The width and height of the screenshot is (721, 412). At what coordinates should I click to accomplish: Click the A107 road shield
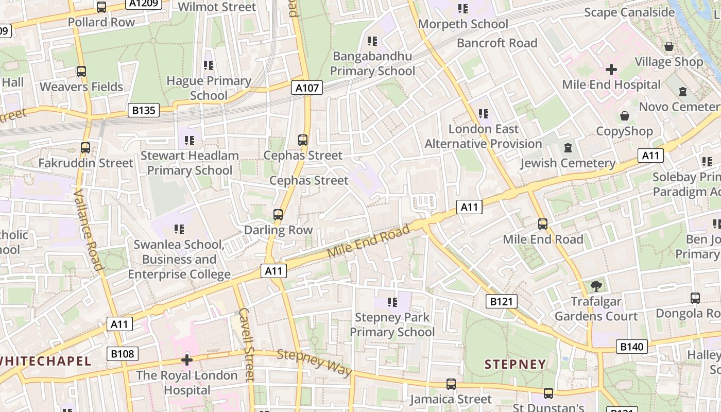pyautogui.click(x=307, y=88)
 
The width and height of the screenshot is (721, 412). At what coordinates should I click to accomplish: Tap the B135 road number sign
pyautogui.click(x=144, y=110)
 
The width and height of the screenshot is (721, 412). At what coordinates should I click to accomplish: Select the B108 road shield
pyautogui.click(x=123, y=354)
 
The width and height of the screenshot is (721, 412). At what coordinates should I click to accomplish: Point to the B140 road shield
pyautogui.click(x=631, y=347)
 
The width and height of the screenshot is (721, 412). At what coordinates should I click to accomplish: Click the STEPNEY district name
pyautogui.click(x=515, y=365)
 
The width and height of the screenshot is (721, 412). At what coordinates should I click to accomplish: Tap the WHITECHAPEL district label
pyautogui.click(x=45, y=361)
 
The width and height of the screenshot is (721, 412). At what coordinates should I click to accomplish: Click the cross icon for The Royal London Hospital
pyautogui.click(x=187, y=359)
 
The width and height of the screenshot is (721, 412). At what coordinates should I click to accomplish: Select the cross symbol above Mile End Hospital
pyautogui.click(x=611, y=69)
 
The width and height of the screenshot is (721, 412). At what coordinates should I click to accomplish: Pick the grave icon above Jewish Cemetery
pyautogui.click(x=568, y=148)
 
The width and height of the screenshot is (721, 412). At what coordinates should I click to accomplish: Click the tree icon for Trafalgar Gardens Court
pyautogui.click(x=596, y=286)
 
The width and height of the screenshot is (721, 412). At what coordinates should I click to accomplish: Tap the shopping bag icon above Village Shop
pyautogui.click(x=668, y=46)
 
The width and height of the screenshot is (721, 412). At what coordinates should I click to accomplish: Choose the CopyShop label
pyautogui.click(x=624, y=131)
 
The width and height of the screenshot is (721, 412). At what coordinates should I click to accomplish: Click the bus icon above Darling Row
pyautogui.click(x=278, y=214)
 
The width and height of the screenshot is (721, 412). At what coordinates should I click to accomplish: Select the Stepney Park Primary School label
pyautogui.click(x=392, y=324)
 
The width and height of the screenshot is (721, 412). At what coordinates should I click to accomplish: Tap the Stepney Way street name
pyautogui.click(x=314, y=363)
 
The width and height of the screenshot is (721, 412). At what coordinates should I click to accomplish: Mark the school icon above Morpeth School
pyautogui.click(x=462, y=9)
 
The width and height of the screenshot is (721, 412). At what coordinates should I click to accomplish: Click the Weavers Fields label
pyautogui.click(x=81, y=87)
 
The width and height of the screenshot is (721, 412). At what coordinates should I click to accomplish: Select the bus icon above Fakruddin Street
pyautogui.click(x=85, y=148)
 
